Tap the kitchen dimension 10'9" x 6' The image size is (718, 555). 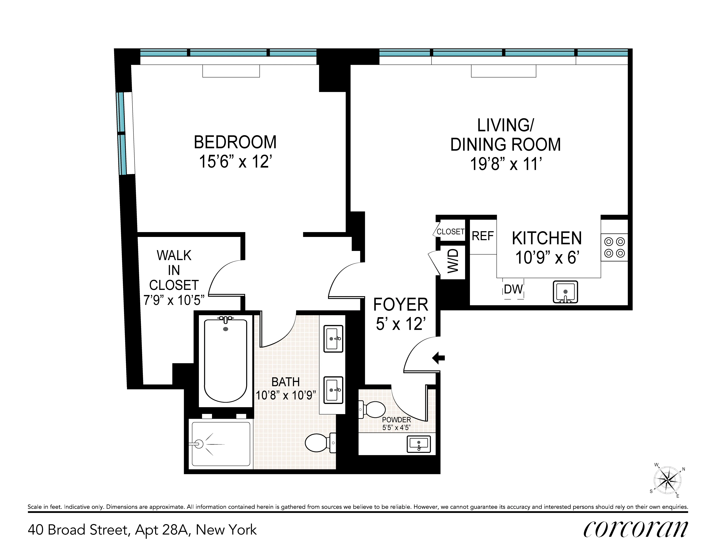(547, 257)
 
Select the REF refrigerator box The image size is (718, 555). (483, 236)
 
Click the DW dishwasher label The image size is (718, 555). (513, 289)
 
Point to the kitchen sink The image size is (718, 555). (565, 292)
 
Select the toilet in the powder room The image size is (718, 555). (373, 410)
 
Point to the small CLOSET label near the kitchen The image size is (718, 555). (450, 232)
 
